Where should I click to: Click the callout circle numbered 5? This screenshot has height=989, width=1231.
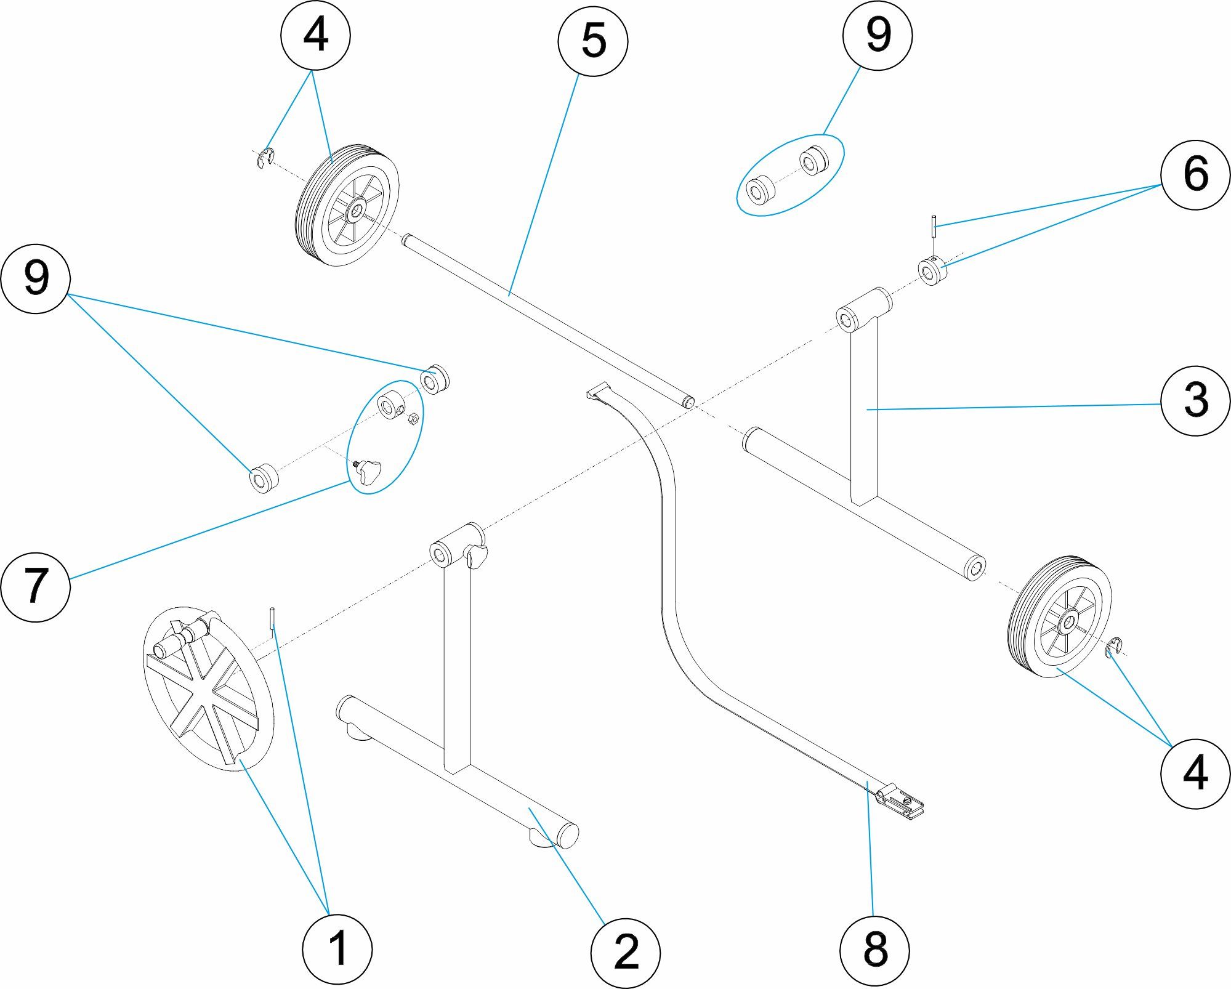pyautogui.click(x=592, y=41)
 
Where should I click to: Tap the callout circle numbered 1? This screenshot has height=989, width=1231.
pyautogui.click(x=337, y=948)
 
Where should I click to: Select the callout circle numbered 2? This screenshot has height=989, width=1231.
pyautogui.click(x=625, y=953)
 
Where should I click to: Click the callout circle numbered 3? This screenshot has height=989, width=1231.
pyautogui.click(x=1195, y=400)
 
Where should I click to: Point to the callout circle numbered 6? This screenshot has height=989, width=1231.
pyautogui.click(x=1195, y=175)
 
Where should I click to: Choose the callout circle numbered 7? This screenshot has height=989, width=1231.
pyautogui.click(x=35, y=586)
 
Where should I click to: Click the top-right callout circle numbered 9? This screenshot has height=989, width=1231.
pyautogui.click(x=877, y=36)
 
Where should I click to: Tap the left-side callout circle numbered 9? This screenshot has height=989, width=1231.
pyautogui.click(x=35, y=278)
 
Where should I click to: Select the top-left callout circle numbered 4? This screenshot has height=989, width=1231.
pyautogui.click(x=315, y=35)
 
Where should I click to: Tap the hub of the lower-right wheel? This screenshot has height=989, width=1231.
pyautogui.click(x=1067, y=624)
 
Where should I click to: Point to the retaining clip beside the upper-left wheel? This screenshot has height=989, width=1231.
pyautogui.click(x=265, y=159)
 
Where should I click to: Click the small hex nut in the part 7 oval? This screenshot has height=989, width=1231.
pyautogui.click(x=414, y=419)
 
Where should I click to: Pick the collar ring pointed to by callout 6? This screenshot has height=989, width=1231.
pyautogui.click(x=932, y=271)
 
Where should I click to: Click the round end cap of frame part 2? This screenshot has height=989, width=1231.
pyautogui.click(x=568, y=835)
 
